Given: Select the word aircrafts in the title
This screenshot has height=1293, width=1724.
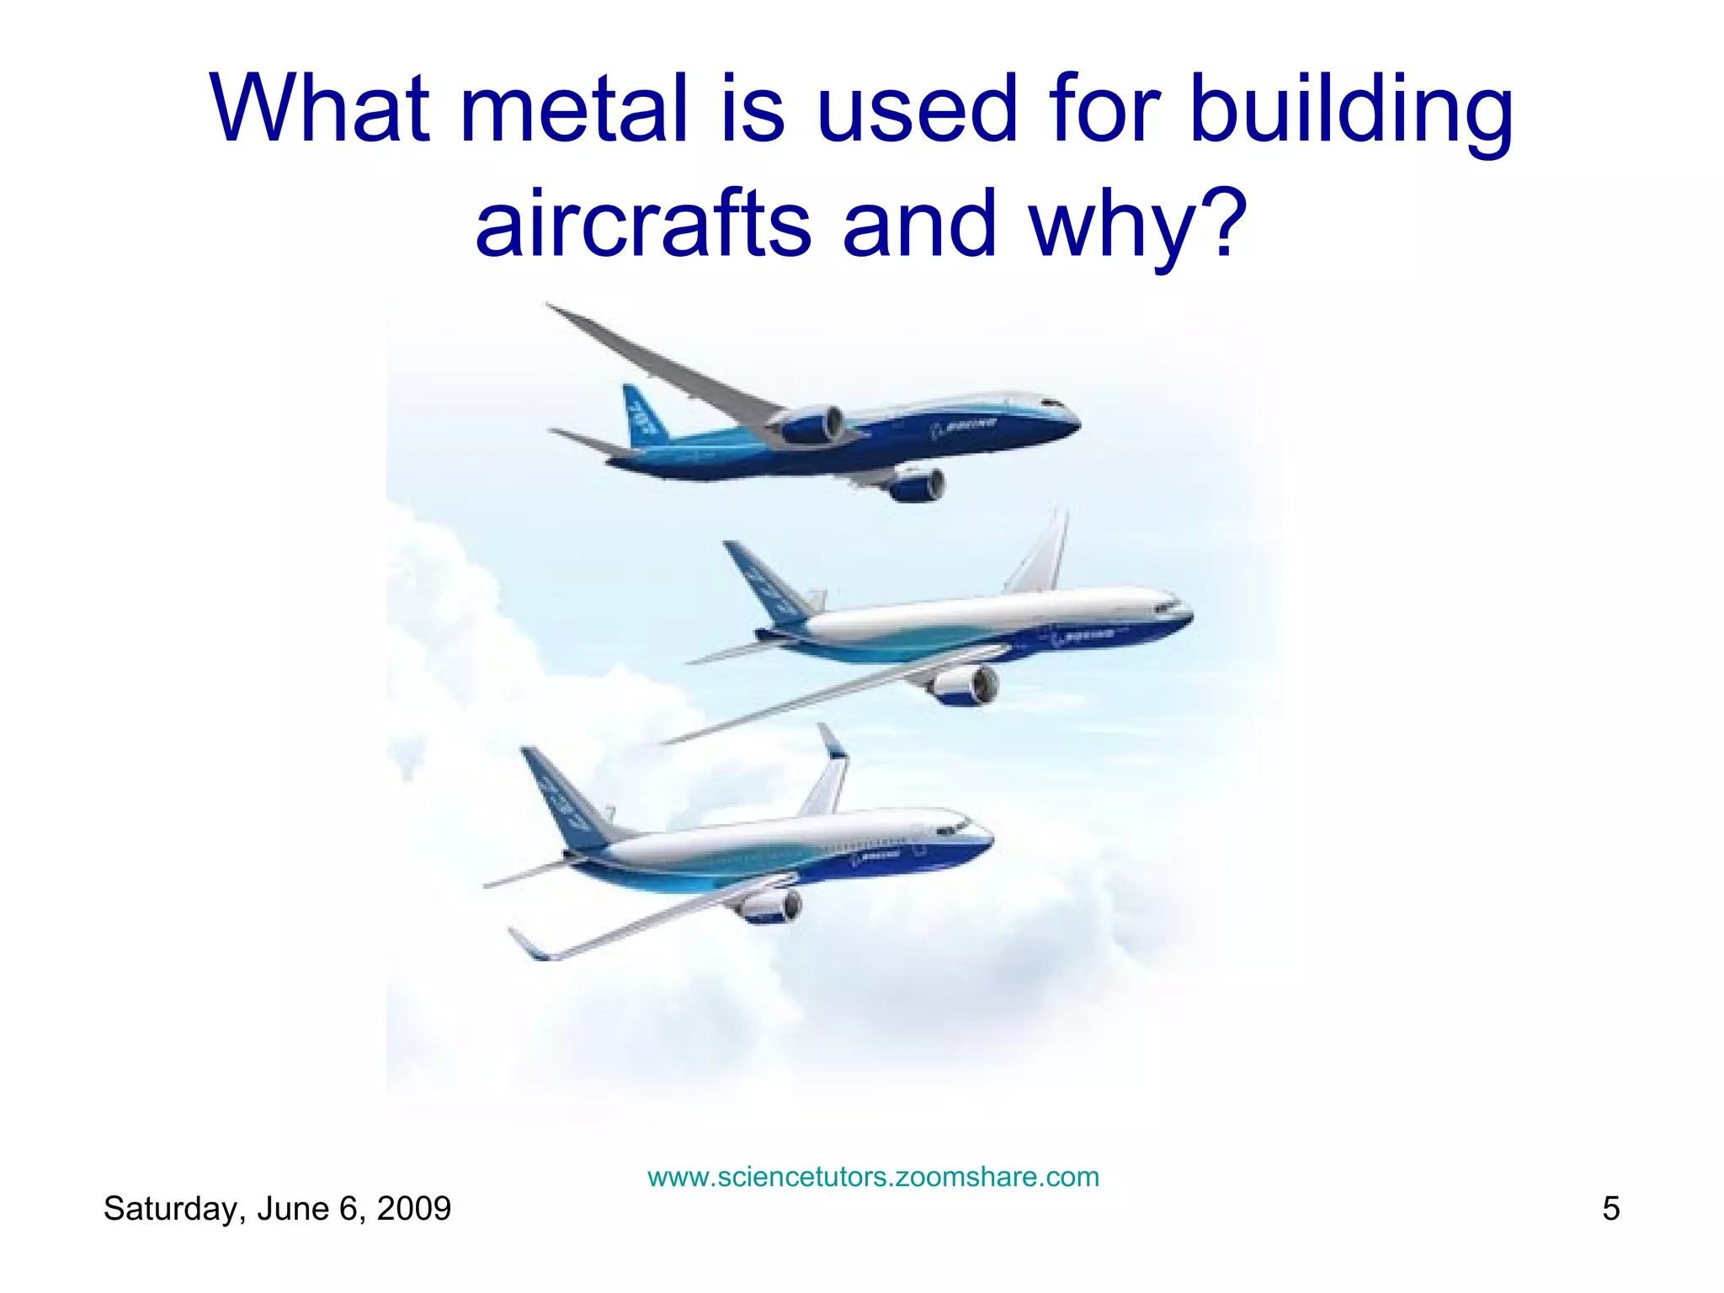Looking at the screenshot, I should pos(643,224).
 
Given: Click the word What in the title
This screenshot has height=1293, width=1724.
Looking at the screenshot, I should pos(320,109).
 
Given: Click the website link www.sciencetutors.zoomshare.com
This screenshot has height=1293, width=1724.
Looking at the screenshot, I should pos(873,1176).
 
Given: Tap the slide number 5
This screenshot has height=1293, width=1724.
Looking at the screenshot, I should pos(1610,1209).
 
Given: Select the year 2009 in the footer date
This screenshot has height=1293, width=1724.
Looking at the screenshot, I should pos(413,1209).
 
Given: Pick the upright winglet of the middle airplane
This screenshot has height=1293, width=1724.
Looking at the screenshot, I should pos(1044,551).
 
